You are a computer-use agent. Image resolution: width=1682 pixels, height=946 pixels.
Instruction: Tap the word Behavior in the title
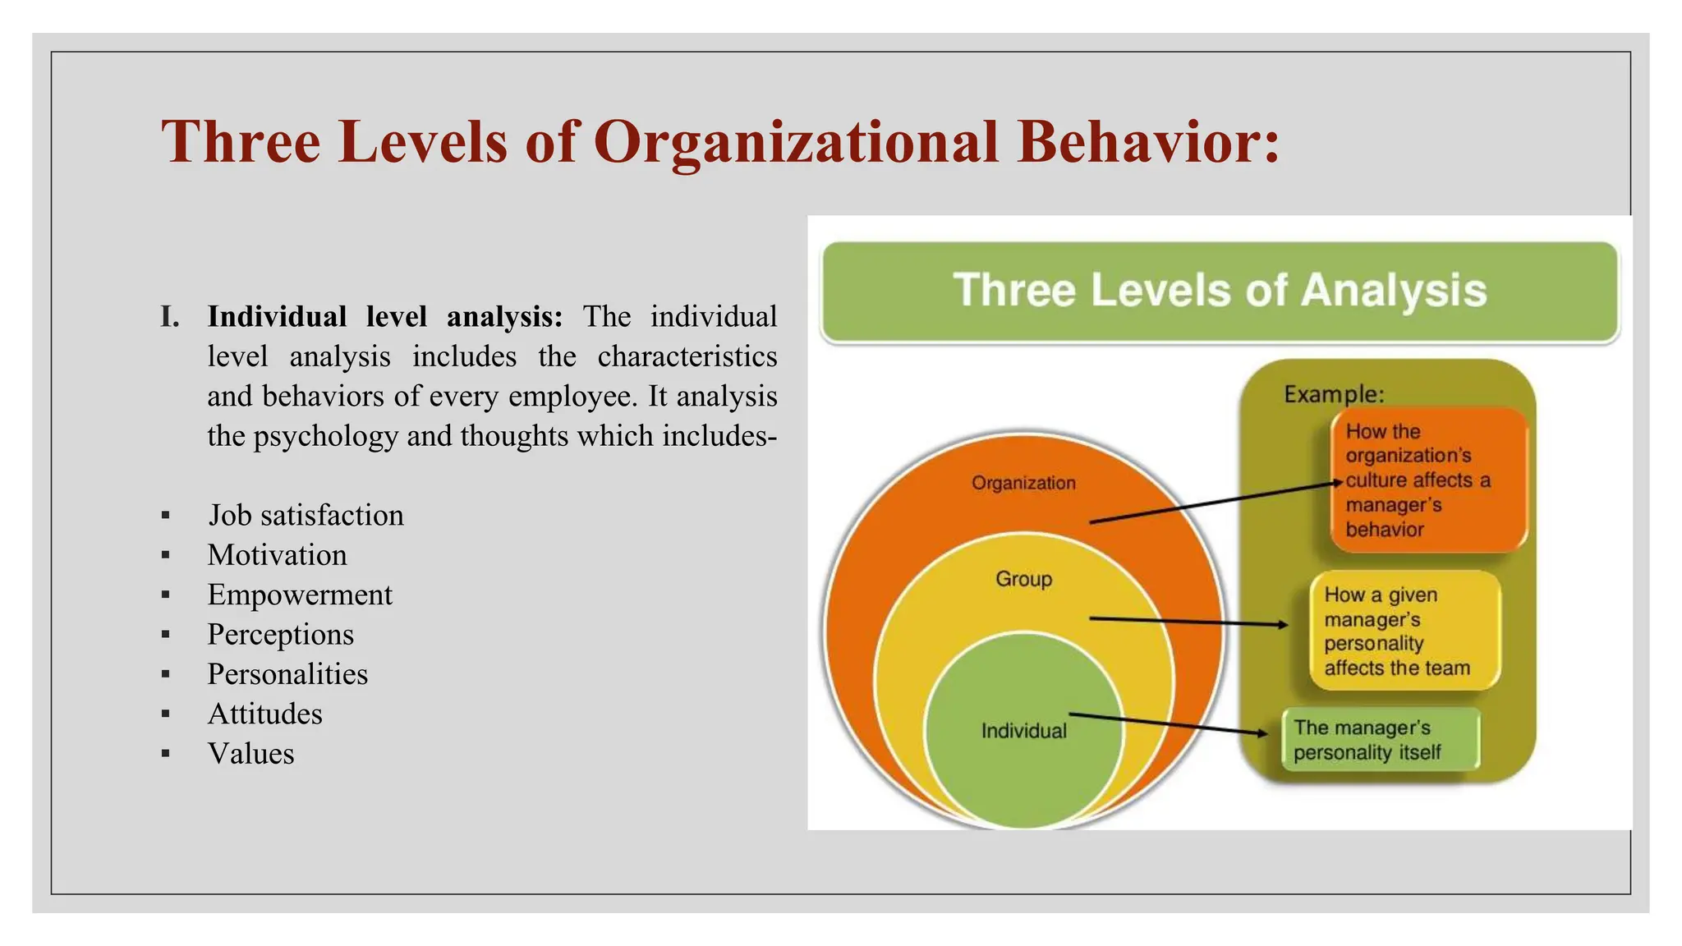tap(1147, 141)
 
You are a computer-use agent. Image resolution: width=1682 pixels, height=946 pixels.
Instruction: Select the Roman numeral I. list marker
tap(170, 317)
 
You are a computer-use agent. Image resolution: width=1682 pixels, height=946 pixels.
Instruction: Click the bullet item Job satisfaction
tap(306, 516)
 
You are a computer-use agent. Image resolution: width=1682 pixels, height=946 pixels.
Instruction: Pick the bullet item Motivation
tap(277, 555)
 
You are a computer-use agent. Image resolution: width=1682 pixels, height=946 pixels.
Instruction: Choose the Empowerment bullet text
tap(300, 595)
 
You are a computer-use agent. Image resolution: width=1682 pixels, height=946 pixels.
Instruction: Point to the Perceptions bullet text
tap(280, 635)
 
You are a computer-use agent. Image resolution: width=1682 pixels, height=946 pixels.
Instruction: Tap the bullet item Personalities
tap(287, 674)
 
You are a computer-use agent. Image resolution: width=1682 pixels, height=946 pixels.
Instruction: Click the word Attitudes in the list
tap(264, 714)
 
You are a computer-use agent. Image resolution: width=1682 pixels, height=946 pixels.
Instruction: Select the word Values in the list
tap(250, 754)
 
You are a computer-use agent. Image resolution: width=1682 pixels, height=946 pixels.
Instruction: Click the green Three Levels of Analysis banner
tap(1220, 292)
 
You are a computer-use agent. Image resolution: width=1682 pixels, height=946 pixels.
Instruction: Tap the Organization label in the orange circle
tap(1023, 483)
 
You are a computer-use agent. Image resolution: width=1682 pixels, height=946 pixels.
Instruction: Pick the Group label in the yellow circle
tap(1023, 579)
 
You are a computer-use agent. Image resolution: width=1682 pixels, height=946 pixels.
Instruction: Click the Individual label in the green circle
tap(1023, 731)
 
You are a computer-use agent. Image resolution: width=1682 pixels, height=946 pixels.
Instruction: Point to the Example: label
tap(1334, 395)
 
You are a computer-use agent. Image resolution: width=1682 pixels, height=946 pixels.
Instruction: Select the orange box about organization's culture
tap(1427, 480)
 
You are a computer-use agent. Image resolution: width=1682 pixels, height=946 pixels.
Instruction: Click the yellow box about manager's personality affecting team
tap(1403, 631)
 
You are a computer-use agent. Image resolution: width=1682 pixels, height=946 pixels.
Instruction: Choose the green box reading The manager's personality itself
tap(1380, 740)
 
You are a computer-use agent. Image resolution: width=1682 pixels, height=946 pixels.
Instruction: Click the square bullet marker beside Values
tap(166, 754)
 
